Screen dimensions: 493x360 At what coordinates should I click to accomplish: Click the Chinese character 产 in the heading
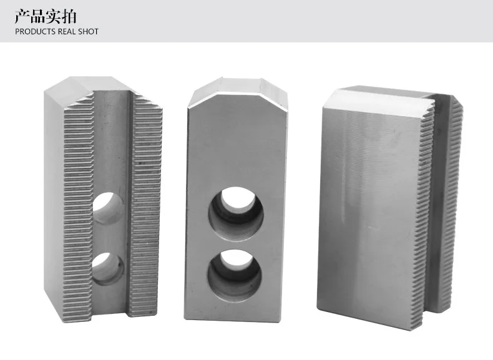tap(22, 16)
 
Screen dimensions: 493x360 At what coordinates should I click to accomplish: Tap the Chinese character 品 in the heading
tap(37, 16)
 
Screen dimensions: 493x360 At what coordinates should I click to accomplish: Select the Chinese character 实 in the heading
tap(53, 16)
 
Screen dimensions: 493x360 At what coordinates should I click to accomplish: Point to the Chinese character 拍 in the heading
tap(69, 16)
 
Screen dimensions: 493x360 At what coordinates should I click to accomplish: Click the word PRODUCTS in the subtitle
tap(35, 31)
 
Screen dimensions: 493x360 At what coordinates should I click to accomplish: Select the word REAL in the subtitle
tap(66, 31)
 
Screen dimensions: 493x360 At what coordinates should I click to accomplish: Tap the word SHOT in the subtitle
tap(88, 31)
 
